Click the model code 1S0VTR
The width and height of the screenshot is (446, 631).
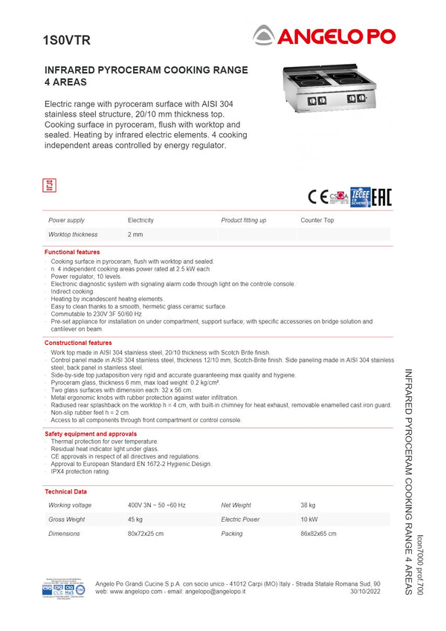click(66, 41)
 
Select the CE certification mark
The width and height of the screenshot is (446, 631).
click(317, 197)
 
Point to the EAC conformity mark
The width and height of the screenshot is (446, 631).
click(381, 197)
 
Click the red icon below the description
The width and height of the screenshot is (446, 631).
click(51, 185)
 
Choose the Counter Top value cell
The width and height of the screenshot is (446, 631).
click(317, 221)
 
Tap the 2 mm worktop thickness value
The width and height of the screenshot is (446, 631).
click(135, 235)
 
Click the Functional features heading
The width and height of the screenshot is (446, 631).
click(72, 253)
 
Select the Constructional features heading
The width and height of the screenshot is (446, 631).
click(78, 343)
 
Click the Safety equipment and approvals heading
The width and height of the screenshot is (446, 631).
click(91, 433)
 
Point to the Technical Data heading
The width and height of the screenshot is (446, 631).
click(65, 492)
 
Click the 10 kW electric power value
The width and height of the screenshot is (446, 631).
click(308, 520)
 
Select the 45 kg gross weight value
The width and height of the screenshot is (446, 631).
click(135, 520)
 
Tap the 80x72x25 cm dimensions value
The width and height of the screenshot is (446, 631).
click(146, 534)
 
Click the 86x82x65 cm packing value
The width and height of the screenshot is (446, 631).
click(318, 534)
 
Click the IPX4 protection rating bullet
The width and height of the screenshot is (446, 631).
click(80, 471)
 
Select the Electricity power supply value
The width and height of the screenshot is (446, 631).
click(140, 221)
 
